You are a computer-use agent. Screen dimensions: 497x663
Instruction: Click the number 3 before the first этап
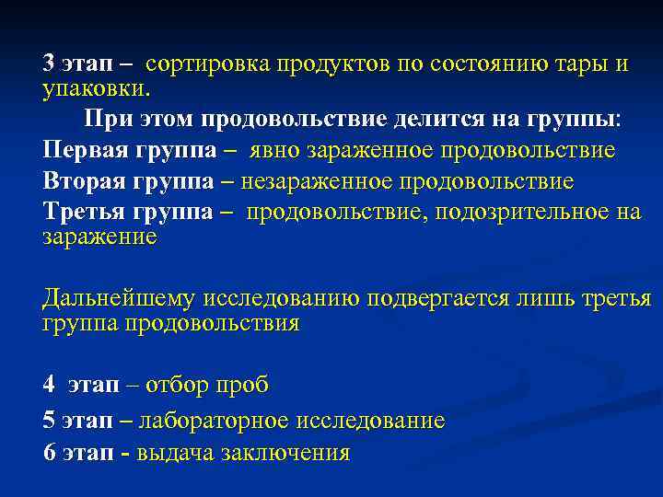[x=49, y=64]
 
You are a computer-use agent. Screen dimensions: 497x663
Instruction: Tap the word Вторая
[x=84, y=180]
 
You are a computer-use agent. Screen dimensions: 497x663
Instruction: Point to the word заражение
[x=99, y=237]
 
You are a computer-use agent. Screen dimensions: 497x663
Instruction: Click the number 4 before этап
[x=49, y=384]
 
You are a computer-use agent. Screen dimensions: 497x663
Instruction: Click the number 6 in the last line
[x=49, y=452]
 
